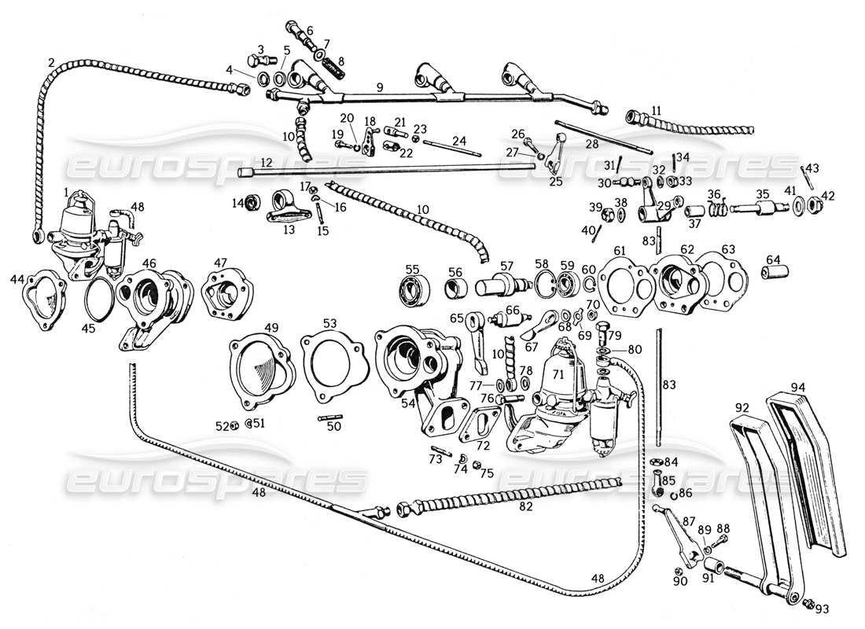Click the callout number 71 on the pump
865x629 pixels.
pyautogui.click(x=558, y=374)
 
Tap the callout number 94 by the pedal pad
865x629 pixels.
pyautogui.click(x=799, y=386)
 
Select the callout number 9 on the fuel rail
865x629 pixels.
pyautogui.click(x=379, y=89)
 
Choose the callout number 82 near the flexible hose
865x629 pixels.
pyautogui.click(x=525, y=507)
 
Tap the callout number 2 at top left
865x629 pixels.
pyautogui.click(x=51, y=62)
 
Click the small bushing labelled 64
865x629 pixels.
pyautogui.click(x=772, y=273)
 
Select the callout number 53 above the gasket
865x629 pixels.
pyautogui.click(x=329, y=323)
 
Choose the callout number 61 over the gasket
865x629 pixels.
pyautogui.click(x=620, y=250)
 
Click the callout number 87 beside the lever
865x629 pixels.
pyautogui.click(x=688, y=521)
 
